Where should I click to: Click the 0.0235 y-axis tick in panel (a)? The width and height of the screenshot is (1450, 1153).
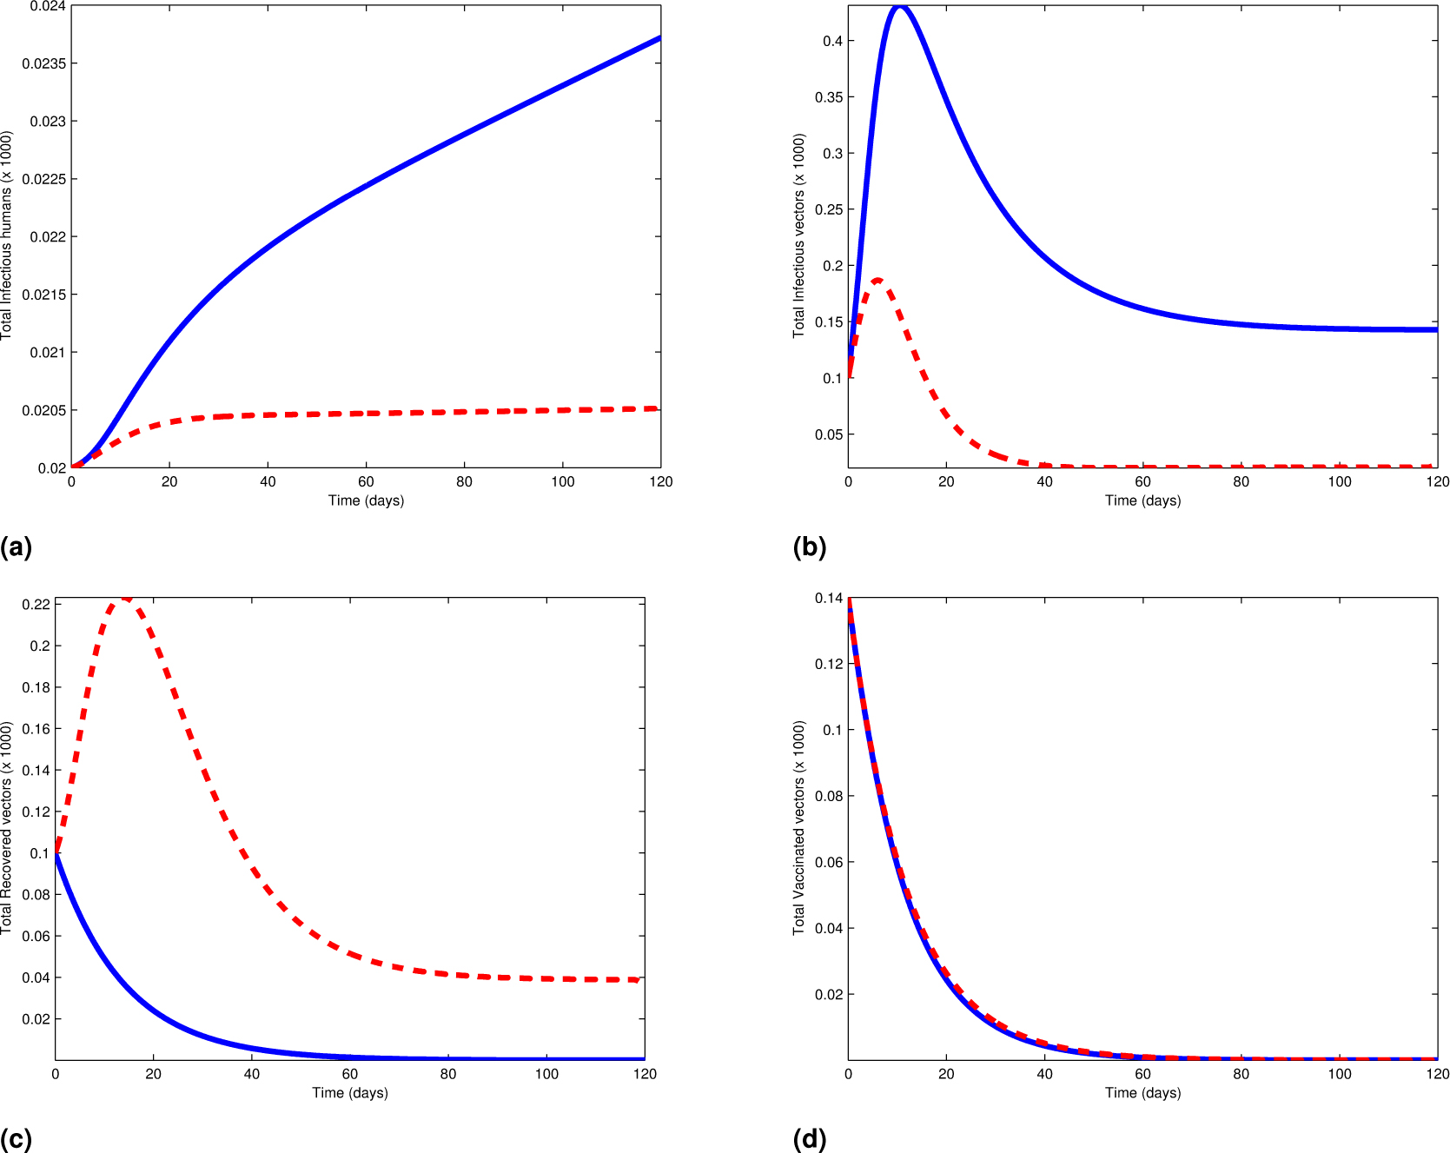coord(43,63)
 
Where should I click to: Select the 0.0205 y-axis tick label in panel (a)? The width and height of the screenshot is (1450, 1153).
coord(43,410)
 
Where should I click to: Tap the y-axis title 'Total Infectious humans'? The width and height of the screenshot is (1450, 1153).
coord(7,235)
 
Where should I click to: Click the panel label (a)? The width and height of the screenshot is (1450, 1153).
coord(16,547)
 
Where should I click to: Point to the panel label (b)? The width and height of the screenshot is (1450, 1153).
coord(809,547)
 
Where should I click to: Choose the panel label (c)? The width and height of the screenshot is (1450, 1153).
coord(16,1138)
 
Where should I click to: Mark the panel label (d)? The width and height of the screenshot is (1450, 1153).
coord(809,1138)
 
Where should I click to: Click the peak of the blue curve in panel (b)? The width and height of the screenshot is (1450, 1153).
coord(901,7)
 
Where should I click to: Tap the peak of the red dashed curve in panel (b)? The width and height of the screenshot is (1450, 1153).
coord(878,280)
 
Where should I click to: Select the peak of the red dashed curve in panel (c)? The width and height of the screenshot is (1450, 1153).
coord(126,599)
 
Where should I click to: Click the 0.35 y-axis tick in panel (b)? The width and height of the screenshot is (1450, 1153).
coord(828,96)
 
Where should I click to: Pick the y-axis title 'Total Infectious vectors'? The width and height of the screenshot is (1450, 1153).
coord(799,235)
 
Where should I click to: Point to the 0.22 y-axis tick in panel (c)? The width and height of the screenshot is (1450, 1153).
coord(36,604)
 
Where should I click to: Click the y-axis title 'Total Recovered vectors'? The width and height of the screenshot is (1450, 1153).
coord(7,828)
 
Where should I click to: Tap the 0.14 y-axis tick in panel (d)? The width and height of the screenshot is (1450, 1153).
coord(828,598)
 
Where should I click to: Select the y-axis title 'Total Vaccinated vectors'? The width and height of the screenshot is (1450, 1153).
coord(799,828)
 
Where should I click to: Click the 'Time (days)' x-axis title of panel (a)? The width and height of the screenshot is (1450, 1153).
coord(366,500)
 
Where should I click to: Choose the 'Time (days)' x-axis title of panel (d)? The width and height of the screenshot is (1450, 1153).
coord(1142,1093)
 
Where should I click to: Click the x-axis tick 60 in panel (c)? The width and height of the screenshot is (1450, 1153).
coord(350,1074)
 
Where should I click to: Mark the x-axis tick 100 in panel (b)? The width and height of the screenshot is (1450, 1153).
coord(1340,481)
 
